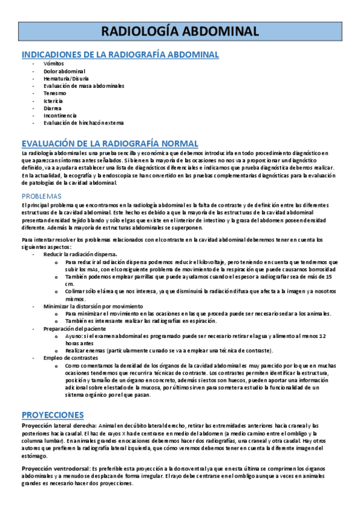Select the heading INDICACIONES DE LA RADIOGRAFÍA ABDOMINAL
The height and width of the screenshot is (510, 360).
click(x=120, y=55)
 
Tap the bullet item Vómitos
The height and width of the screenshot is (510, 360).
click(x=53, y=64)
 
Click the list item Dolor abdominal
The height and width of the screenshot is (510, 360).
click(x=64, y=72)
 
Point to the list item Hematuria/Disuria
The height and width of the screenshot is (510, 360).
click(x=66, y=79)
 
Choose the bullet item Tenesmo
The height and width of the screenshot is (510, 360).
click(x=55, y=93)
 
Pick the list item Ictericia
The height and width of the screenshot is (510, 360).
click(x=54, y=101)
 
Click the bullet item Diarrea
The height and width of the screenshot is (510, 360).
click(x=53, y=108)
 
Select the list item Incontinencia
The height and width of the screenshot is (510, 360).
click(x=60, y=115)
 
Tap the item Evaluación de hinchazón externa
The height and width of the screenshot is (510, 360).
click(x=84, y=123)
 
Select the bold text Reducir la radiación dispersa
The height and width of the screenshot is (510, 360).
click(x=80, y=255)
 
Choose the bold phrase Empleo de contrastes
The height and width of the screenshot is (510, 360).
click(x=68, y=358)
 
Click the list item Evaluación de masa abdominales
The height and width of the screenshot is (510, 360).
click(x=84, y=86)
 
